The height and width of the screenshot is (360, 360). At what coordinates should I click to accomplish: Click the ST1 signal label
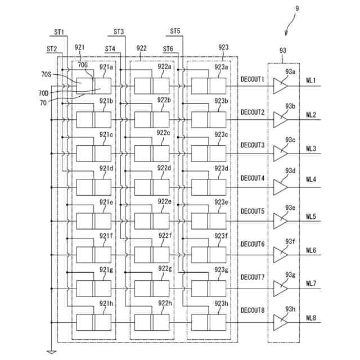click(x=59, y=32)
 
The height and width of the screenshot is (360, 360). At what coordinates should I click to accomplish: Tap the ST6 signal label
click(x=168, y=49)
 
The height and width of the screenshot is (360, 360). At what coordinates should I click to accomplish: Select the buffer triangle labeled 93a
click(x=281, y=86)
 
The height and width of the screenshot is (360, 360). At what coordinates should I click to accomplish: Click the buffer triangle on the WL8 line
click(x=281, y=322)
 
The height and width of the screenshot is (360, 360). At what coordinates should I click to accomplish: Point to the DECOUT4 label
click(x=253, y=178)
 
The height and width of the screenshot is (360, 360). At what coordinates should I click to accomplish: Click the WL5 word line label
click(x=311, y=217)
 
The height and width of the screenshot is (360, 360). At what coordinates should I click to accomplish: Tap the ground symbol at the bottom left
click(x=51, y=352)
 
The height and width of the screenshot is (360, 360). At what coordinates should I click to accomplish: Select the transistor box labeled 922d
click(x=152, y=187)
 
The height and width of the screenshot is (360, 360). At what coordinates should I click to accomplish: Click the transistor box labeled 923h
click(x=209, y=322)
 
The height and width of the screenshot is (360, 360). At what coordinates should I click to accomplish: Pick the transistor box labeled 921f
click(x=94, y=255)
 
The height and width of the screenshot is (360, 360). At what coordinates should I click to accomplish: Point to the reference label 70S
click(x=46, y=74)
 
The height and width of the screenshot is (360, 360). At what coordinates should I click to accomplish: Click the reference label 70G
click(x=83, y=65)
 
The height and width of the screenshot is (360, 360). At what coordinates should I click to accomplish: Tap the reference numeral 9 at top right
click(x=297, y=9)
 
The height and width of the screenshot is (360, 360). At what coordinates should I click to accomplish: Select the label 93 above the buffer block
click(x=283, y=51)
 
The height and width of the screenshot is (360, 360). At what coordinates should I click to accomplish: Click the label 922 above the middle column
click(x=141, y=48)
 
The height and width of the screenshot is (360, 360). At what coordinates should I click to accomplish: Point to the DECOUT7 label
click(x=253, y=277)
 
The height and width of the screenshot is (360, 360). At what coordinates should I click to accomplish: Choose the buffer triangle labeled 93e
click(x=281, y=221)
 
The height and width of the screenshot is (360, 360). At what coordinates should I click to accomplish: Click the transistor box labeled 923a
click(x=209, y=86)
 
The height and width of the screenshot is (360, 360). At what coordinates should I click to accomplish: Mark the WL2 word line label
click(x=311, y=115)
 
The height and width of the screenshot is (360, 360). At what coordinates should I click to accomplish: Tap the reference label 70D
click(x=43, y=93)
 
